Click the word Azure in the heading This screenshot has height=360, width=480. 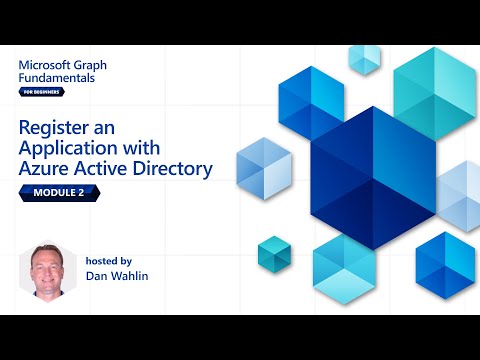pyautogui.click(x=45, y=169)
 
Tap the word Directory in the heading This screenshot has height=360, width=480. pyautogui.click(x=172, y=169)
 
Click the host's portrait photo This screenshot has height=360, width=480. pyautogui.click(x=48, y=267)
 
